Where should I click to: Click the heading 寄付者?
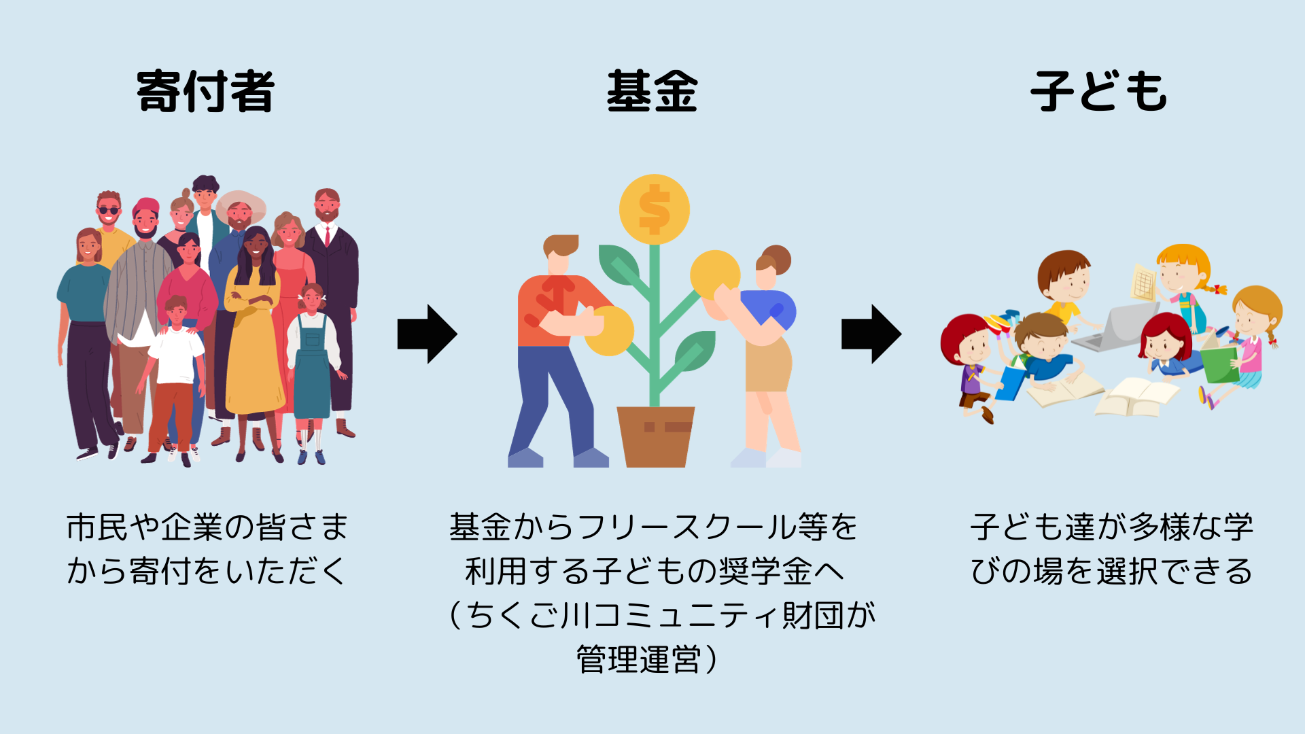click(205, 91)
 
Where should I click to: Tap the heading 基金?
click(652, 91)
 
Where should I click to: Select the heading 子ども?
click(1098, 91)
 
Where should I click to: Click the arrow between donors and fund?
click(427, 334)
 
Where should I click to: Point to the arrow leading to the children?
click(871, 334)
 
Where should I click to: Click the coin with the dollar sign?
click(654, 209)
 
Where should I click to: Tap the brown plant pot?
click(655, 436)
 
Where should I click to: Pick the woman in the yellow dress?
click(254, 326)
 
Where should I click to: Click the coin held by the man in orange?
click(609, 331)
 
